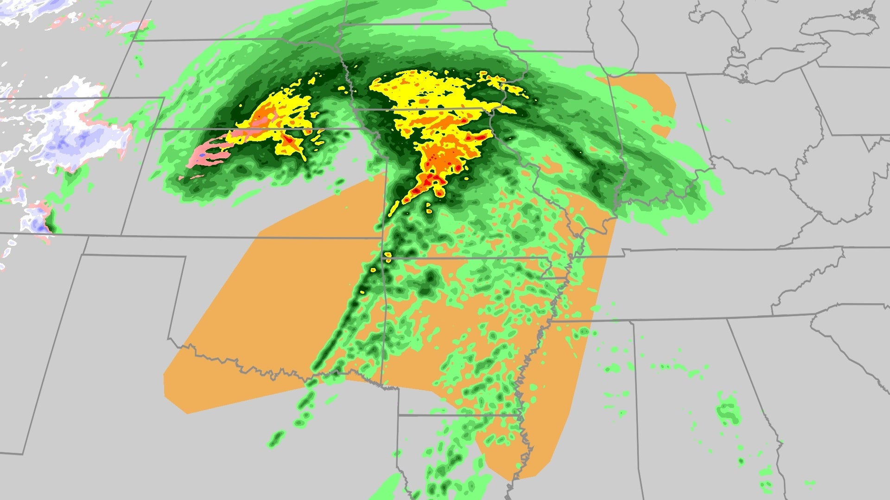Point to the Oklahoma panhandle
coord(134,245)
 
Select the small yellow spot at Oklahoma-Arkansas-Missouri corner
coord(388,255)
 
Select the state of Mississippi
coord(579,394)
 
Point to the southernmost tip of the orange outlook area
coord(524,477)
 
